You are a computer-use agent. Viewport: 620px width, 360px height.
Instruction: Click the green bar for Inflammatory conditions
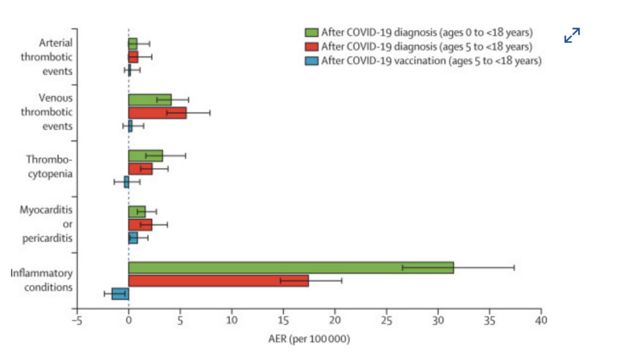click(x=291, y=267)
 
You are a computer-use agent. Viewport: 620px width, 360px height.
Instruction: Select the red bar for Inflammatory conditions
click(x=218, y=281)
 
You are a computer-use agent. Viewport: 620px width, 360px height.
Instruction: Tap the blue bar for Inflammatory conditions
click(x=120, y=294)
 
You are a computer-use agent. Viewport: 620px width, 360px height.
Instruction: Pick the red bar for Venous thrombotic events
click(x=157, y=113)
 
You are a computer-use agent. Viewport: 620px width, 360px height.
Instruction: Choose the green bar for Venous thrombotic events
click(x=150, y=99)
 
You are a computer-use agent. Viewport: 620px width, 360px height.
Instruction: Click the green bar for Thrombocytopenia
click(x=145, y=155)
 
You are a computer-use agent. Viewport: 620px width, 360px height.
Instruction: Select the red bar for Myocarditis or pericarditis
click(x=140, y=224)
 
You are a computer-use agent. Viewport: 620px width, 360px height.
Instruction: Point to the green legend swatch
click(x=312, y=32)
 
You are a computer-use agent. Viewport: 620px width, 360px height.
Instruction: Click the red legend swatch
click(x=312, y=46)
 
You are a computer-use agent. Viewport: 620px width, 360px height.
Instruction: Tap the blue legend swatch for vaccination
click(x=312, y=60)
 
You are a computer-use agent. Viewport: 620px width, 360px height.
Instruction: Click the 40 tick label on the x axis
click(x=541, y=319)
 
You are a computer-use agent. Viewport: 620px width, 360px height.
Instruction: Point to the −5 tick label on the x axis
click(x=76, y=319)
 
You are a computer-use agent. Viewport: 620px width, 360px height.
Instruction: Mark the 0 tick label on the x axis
click(x=128, y=319)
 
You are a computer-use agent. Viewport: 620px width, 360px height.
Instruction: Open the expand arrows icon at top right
click(x=572, y=36)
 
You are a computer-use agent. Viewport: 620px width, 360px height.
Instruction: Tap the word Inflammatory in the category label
click(x=41, y=273)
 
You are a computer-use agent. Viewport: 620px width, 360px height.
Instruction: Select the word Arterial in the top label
click(x=56, y=43)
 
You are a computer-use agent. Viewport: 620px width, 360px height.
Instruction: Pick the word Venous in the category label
click(x=56, y=97)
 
